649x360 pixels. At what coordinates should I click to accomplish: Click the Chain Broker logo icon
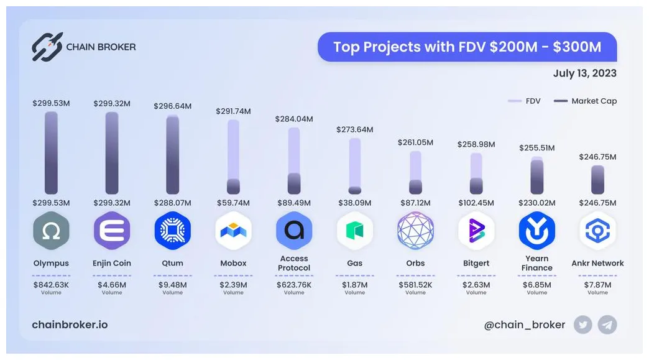coord(47,47)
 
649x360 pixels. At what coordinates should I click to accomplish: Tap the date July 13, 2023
coord(584,73)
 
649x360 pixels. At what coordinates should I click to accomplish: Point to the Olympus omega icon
coord(51,231)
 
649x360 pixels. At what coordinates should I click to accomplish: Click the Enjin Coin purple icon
coord(112,231)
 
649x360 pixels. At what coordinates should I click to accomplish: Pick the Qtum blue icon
coord(172,231)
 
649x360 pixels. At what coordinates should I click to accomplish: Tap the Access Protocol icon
coord(294,231)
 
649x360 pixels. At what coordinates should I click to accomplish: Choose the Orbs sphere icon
coord(415,231)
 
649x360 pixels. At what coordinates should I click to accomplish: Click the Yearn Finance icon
coord(537,231)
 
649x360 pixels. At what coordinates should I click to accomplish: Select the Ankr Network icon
coord(597,231)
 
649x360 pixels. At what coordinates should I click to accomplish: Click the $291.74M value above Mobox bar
coord(233,111)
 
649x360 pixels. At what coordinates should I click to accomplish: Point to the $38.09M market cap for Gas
coord(354,203)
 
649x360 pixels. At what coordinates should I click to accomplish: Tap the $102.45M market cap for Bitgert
coord(476,203)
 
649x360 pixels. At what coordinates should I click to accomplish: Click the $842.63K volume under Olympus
coord(51,285)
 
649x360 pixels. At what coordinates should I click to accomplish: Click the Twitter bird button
coord(582,325)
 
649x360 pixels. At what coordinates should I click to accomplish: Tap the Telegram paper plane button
coord(607,325)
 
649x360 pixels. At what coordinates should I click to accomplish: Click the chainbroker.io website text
coord(70,325)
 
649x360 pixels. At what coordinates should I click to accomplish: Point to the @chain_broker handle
coord(525,325)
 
